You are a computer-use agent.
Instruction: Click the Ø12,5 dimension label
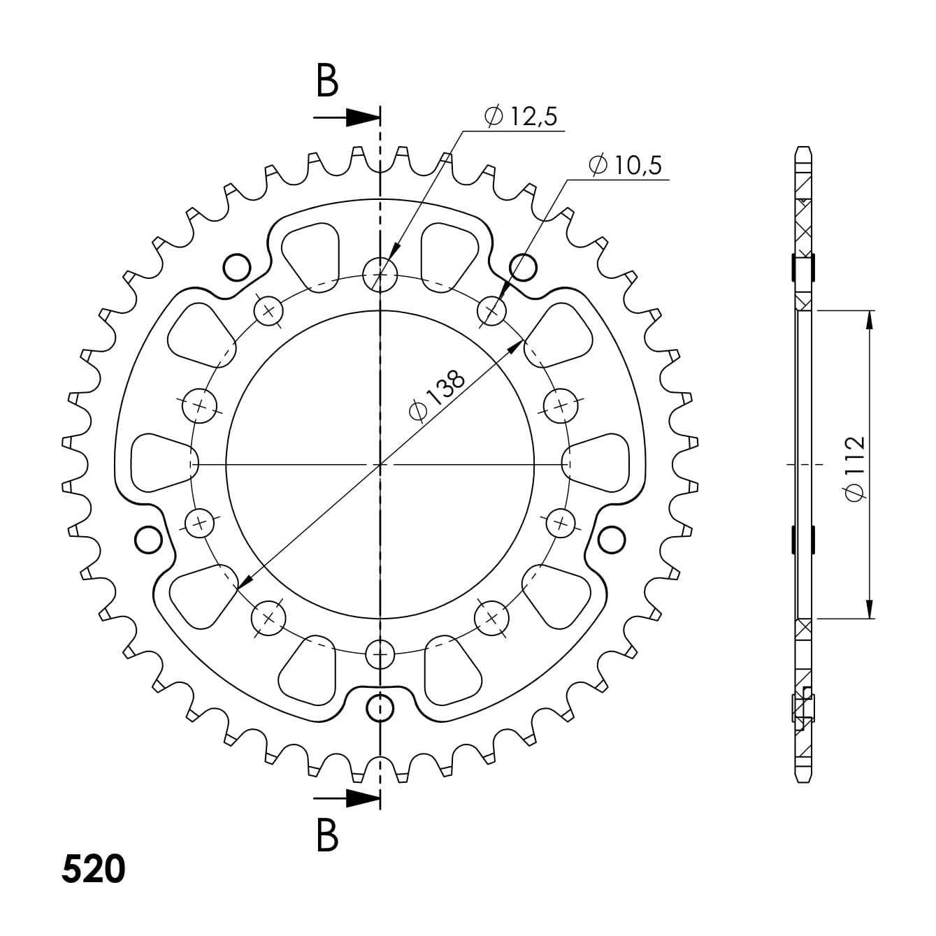click(x=521, y=117)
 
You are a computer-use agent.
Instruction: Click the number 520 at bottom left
click(x=94, y=868)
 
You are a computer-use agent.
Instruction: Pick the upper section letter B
click(x=327, y=81)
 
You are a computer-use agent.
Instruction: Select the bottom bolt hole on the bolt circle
click(x=380, y=654)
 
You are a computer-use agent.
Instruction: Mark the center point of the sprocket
click(x=380, y=463)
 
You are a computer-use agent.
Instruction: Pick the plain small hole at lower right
click(x=612, y=539)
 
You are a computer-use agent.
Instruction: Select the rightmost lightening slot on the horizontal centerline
click(x=600, y=463)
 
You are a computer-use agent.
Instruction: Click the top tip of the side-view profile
click(x=803, y=148)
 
